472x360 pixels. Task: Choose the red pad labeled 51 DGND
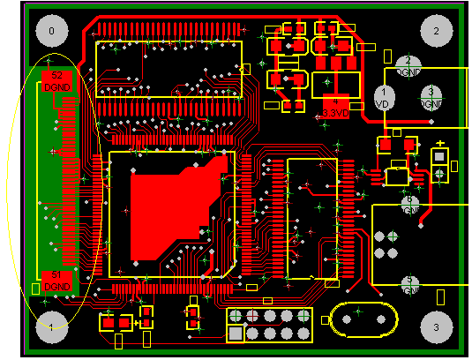57,281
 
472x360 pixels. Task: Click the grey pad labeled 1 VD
384,95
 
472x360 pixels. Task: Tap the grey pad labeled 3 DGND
431,95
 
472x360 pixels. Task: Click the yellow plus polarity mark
439,143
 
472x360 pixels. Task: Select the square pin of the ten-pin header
236,333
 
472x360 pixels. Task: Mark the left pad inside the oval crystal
341,320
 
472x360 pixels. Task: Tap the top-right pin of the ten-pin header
303,316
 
